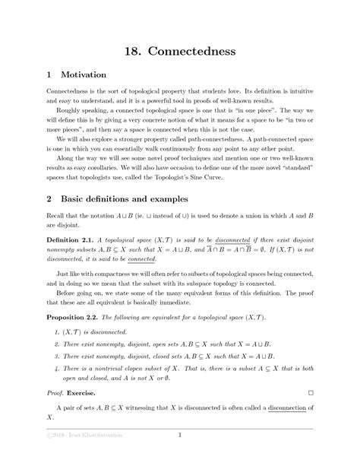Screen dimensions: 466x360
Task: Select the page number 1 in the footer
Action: (179, 435)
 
